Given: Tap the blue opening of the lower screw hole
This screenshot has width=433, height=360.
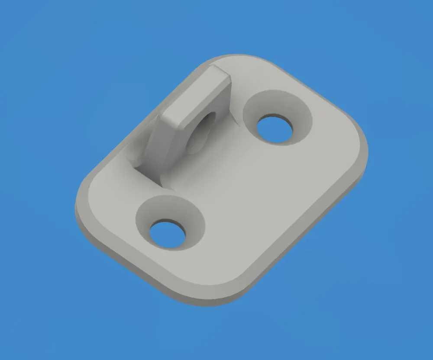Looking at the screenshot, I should pos(168,234).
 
